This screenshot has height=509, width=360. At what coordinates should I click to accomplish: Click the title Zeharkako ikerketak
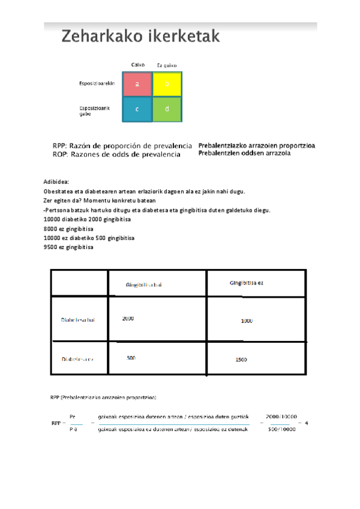[x=140, y=37]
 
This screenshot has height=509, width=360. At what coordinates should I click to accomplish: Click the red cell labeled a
[x=137, y=85]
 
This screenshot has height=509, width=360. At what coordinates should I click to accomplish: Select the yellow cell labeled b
[x=167, y=85]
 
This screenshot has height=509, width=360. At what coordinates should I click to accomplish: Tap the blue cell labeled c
[x=137, y=109]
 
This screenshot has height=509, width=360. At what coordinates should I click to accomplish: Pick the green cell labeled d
[x=167, y=109]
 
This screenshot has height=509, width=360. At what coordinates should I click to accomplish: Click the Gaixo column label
[x=137, y=64]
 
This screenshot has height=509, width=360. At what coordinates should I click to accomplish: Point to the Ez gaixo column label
[x=166, y=65]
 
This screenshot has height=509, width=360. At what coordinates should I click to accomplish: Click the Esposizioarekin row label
[x=97, y=83]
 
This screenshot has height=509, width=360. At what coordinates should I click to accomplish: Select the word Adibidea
[x=56, y=181]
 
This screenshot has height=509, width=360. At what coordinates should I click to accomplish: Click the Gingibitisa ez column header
[x=246, y=283]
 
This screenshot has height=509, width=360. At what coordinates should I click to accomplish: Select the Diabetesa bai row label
[x=78, y=320]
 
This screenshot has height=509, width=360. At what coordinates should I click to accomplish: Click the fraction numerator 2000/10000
[x=281, y=415]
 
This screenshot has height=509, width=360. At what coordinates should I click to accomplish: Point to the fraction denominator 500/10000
[x=281, y=430]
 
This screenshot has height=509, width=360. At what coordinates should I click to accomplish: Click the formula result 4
[x=307, y=423]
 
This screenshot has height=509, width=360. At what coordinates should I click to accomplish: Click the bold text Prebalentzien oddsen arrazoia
[x=244, y=154]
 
